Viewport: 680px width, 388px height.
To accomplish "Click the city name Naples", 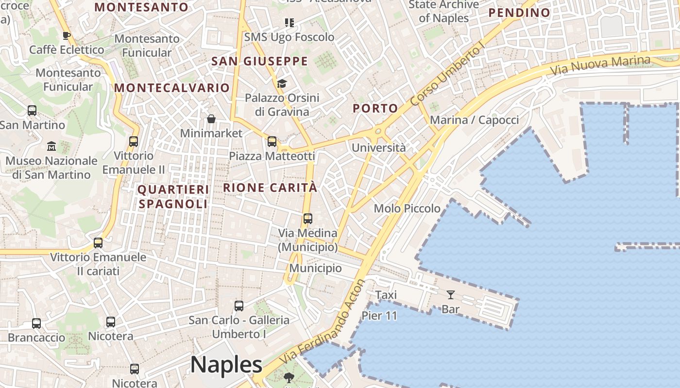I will click(226, 365).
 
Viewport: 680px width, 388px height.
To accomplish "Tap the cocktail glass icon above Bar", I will click(451, 294).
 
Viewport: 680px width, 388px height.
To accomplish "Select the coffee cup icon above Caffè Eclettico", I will click(67, 35).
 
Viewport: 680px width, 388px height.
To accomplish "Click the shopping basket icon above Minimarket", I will click(211, 119).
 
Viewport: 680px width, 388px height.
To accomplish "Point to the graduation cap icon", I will click(282, 83).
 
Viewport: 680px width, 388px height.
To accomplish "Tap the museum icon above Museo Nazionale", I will click(51, 146).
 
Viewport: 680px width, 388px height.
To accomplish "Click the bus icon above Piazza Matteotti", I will click(272, 142).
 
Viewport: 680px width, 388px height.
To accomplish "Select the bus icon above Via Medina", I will click(308, 219).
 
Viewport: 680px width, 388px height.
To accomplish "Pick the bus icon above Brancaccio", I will click(36, 323).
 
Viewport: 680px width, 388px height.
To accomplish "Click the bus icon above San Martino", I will click(32, 111).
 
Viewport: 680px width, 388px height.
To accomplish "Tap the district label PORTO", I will click(375, 108).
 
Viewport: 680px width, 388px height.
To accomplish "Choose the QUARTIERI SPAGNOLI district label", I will click(173, 196).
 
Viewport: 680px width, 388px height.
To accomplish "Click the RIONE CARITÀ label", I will click(270, 188).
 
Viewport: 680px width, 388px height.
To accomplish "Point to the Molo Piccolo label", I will click(407, 209).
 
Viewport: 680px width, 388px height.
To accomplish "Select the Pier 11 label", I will click(379, 316).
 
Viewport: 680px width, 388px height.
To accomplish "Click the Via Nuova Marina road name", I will click(600, 65).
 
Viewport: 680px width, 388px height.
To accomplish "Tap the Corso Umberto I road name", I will click(447, 75).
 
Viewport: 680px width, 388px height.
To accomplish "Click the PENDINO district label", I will click(519, 13).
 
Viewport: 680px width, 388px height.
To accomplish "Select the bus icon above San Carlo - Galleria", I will click(239, 306).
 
